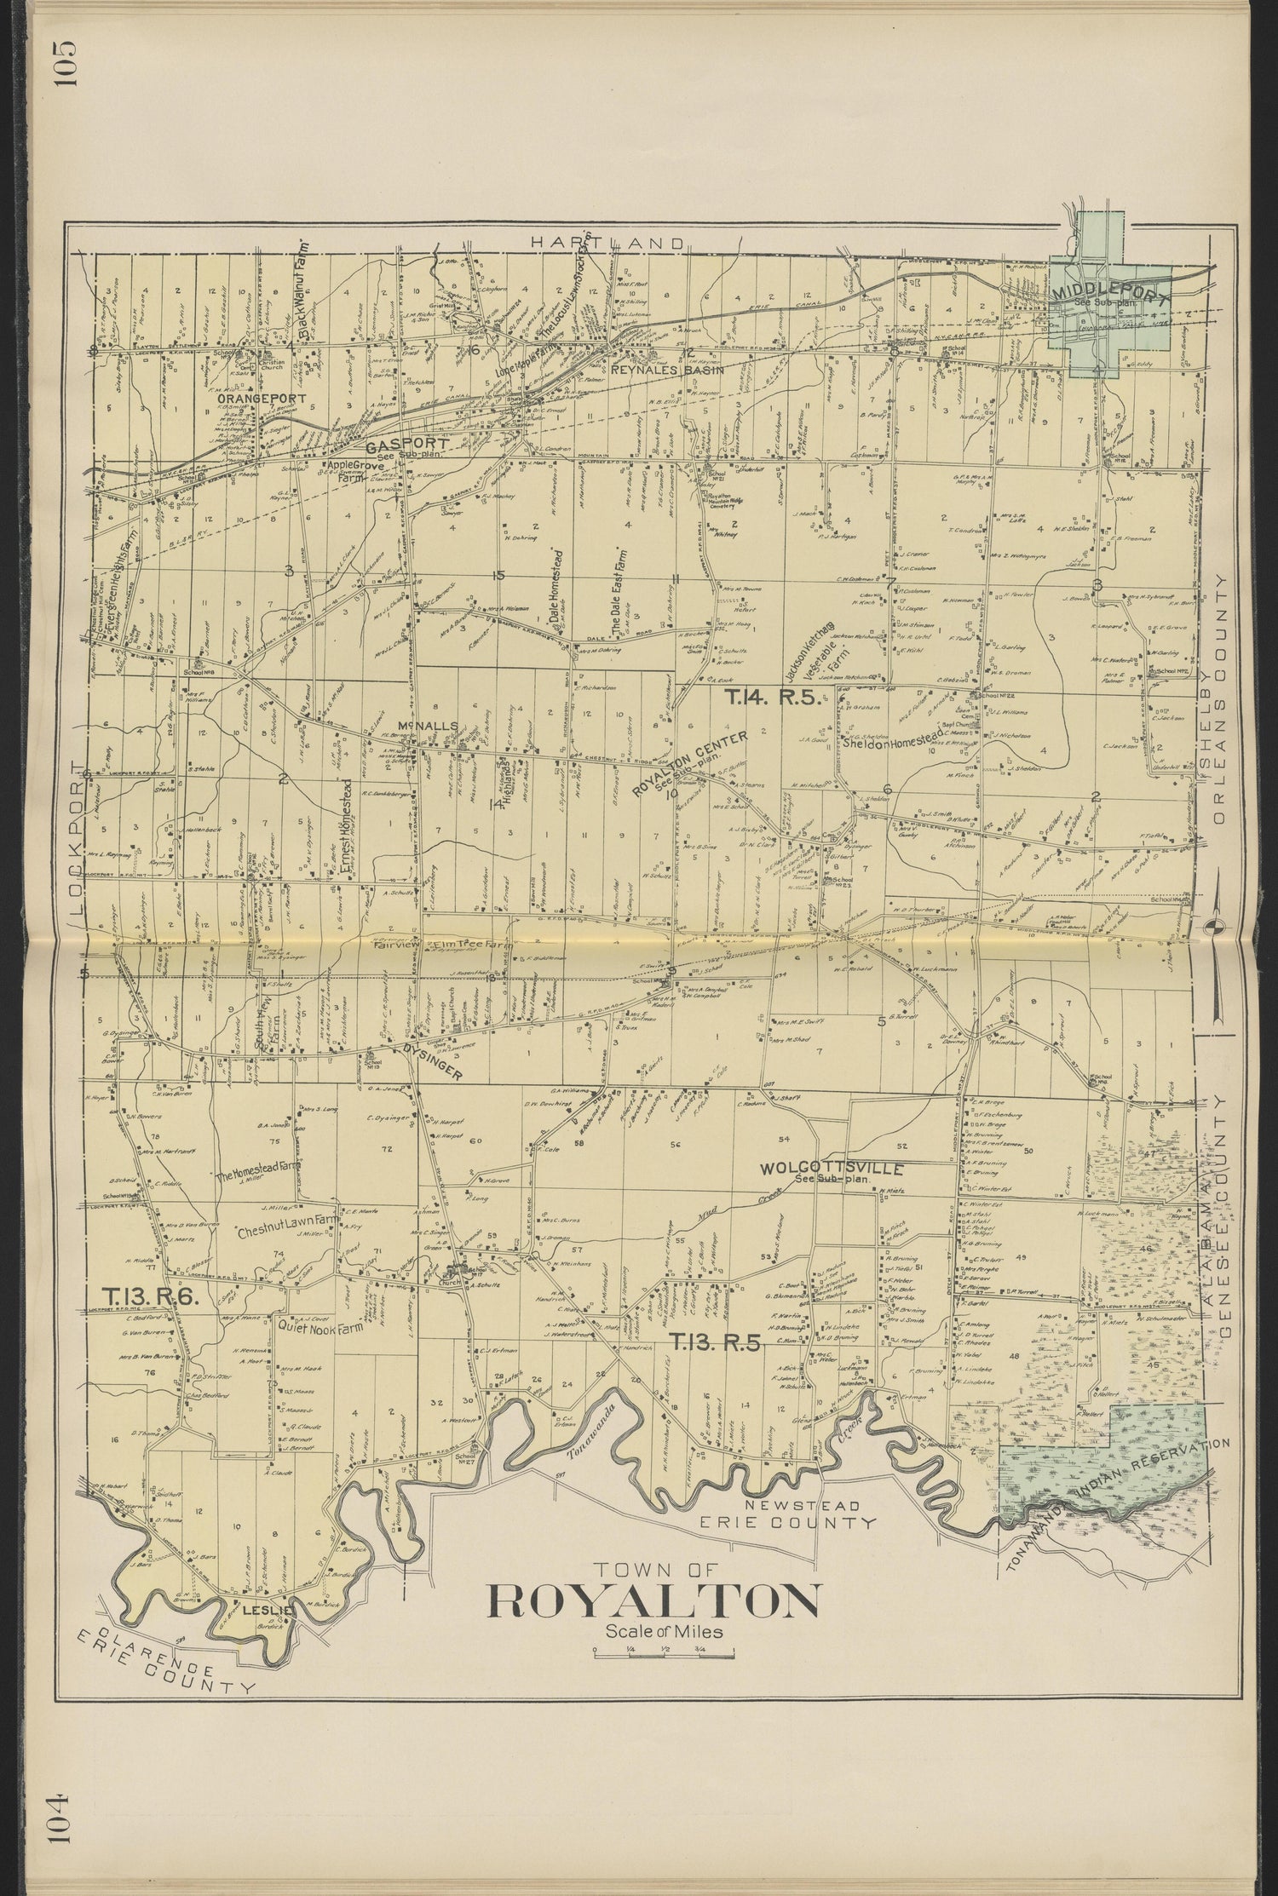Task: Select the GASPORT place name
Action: [x=394, y=445]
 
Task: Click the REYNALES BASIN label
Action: [x=668, y=371]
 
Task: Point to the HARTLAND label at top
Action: [x=607, y=243]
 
